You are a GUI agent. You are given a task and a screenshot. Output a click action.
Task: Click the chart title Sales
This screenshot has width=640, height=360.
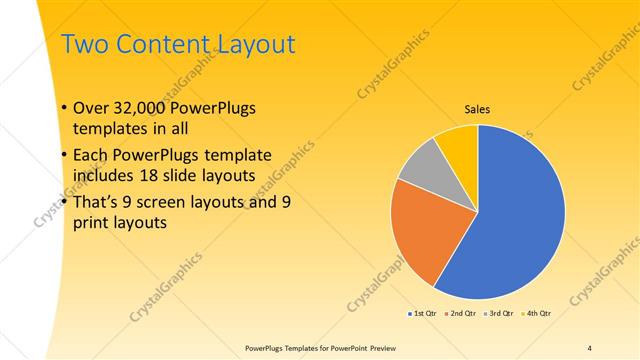click(476, 109)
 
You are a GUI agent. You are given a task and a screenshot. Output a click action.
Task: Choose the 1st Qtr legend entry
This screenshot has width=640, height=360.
click(425, 313)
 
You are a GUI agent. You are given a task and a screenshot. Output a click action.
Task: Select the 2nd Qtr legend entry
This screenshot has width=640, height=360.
click(461, 313)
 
